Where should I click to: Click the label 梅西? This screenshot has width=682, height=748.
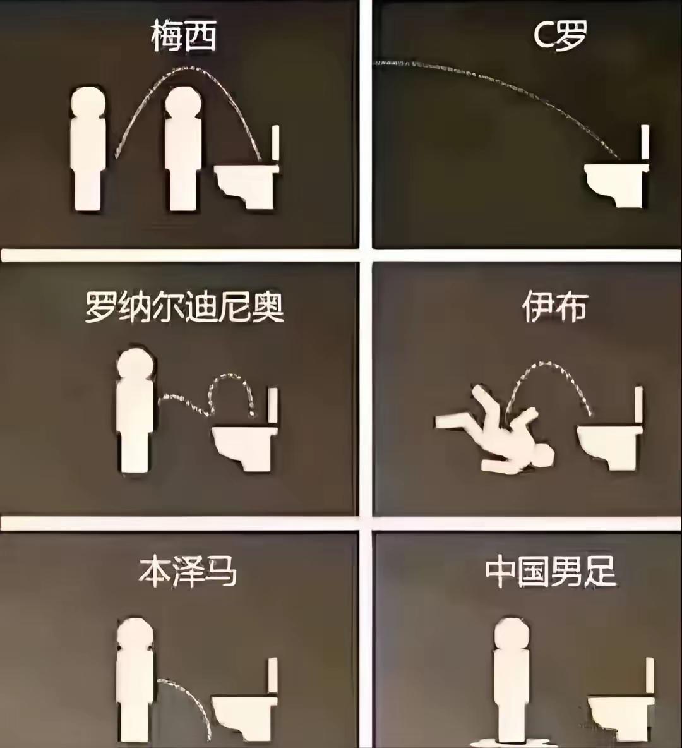coord(184,36)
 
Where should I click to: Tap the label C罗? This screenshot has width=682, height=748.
coord(559,35)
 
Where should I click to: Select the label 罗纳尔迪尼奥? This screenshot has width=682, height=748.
coord(184,308)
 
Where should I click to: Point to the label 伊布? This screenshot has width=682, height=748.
coord(554,308)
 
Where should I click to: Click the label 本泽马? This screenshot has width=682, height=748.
coord(187,572)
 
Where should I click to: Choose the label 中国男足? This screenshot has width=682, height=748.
coord(551,572)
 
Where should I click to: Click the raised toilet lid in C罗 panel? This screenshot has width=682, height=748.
coord(645,142)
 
